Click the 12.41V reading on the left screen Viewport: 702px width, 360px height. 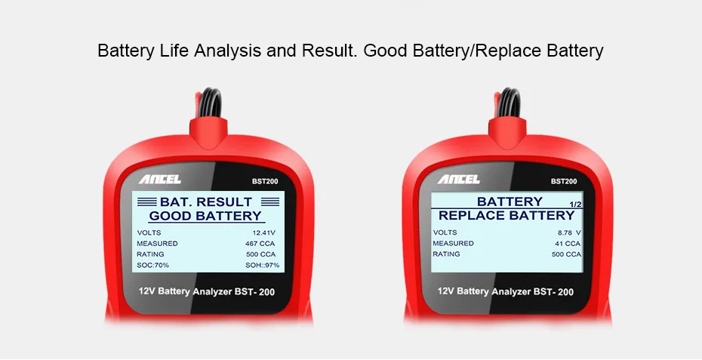(x=263, y=233)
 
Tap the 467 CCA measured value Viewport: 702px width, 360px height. (x=260, y=244)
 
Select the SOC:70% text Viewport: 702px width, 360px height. (x=153, y=265)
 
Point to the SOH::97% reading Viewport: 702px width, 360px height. (x=263, y=265)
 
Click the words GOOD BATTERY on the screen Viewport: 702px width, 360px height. (x=205, y=216)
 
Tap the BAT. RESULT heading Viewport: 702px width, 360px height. (x=206, y=202)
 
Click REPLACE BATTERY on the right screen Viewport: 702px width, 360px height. (x=506, y=215)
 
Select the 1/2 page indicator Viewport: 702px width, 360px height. (x=575, y=205)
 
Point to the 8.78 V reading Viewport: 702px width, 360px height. (x=569, y=233)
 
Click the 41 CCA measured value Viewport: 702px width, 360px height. (x=568, y=244)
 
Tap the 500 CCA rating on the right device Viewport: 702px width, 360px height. (x=566, y=254)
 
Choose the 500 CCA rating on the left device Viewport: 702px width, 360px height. (x=260, y=254)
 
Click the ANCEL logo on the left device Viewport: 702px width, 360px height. (x=160, y=180)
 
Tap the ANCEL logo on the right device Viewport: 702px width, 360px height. (x=459, y=180)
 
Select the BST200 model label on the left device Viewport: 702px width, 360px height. (x=265, y=181)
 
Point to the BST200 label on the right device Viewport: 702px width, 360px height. (x=564, y=181)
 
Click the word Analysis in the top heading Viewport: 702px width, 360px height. (x=227, y=51)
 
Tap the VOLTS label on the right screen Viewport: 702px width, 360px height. (x=445, y=232)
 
